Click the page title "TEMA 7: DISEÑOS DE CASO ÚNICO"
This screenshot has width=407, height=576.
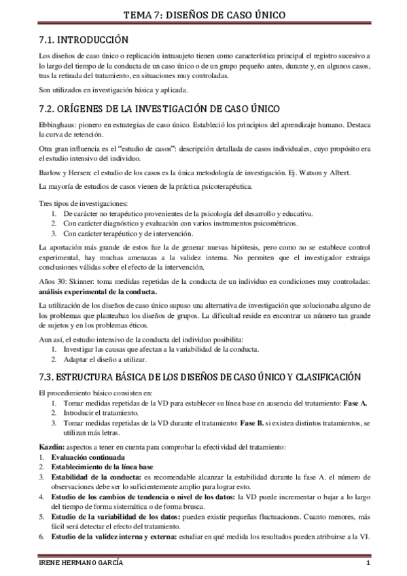204,14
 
